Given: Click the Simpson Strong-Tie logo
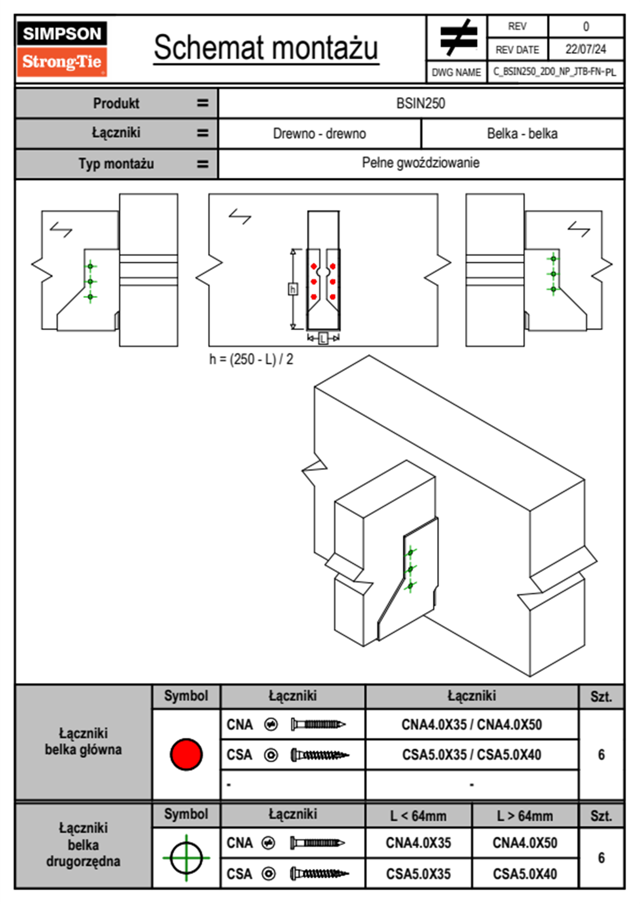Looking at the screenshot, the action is coord(62,48).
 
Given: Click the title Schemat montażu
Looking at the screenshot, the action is coord(266,48).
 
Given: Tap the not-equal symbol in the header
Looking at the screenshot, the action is coord(459,37).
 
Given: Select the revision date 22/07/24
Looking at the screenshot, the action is coord(586,49).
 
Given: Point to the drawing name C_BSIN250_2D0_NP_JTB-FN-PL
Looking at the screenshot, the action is coord(555,72).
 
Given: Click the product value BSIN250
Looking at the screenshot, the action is coord(421,103).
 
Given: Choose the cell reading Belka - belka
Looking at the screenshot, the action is coord(523,133).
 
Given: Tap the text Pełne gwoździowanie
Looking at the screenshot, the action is coord(421,163).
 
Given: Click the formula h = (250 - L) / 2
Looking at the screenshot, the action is coord(251,359).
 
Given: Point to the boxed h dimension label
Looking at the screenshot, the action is coord(293,289).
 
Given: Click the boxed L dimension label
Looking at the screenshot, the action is coord(323,338).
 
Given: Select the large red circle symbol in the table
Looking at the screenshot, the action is coord(186,754).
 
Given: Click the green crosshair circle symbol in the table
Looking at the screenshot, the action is coord(186,858).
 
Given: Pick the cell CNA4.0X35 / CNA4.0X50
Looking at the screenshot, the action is coord(472,724).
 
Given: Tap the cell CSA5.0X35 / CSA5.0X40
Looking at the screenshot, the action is coord(472,755).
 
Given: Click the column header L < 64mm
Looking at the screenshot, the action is coord(418,816).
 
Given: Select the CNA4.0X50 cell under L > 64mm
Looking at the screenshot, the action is coord(525,843).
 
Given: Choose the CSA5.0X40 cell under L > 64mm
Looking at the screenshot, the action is coord(525,874).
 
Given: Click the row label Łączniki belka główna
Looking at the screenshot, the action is coord(83,741).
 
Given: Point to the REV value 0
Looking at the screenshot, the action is coord(586,27).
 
